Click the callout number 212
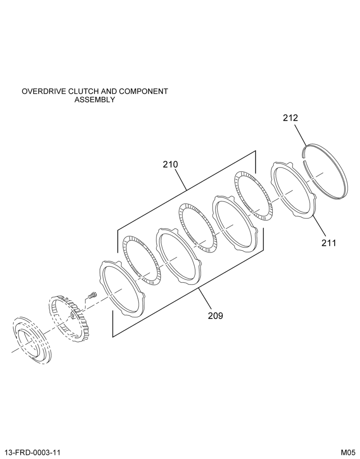click(x=290, y=118)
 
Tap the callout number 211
click(x=329, y=243)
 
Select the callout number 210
click(x=170, y=164)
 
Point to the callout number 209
click(x=216, y=316)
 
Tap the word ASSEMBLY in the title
click(x=95, y=100)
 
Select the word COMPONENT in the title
click(x=143, y=91)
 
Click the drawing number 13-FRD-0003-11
click(x=33, y=453)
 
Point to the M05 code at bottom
click(x=348, y=453)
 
